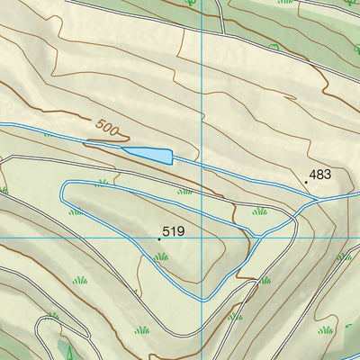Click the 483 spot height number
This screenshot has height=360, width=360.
(320, 174)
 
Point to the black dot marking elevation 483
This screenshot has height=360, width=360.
(306, 182)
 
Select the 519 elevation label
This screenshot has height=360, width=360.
(174, 231)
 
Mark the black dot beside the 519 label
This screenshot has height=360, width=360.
(159, 239)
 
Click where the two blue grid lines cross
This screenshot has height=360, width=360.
(204, 237)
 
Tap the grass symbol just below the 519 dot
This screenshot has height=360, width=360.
(161, 256)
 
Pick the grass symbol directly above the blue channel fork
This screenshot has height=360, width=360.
(260, 211)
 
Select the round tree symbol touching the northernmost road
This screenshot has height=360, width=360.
(191, 3)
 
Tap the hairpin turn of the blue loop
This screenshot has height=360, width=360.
(65, 192)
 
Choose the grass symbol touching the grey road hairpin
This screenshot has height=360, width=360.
(51, 316)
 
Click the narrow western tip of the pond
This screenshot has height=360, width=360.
(87, 142)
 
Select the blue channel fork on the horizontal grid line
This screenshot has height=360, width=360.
(259, 236)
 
